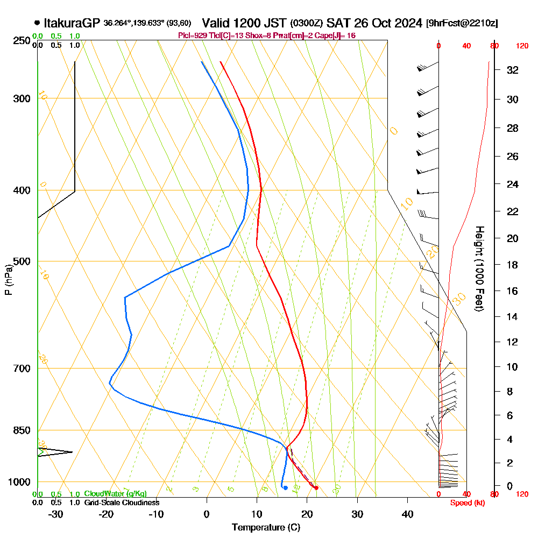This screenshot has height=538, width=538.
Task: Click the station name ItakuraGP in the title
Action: (x=72, y=23)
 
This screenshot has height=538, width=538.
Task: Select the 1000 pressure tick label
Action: (x=20, y=482)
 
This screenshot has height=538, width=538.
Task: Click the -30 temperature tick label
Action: (x=56, y=514)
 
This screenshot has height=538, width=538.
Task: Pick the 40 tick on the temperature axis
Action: (x=408, y=514)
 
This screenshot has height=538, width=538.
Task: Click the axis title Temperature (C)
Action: (x=266, y=528)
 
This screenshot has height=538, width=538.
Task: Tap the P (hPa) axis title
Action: (x=8, y=280)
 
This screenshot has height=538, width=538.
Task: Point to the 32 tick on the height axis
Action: (x=513, y=70)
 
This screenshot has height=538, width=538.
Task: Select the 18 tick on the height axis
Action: (x=513, y=265)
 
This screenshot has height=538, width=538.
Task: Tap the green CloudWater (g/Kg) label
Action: (x=115, y=494)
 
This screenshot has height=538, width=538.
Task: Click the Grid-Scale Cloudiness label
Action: (x=122, y=502)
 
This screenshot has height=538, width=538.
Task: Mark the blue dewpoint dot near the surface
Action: (x=285, y=488)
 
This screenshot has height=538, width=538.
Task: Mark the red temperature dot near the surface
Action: (x=316, y=488)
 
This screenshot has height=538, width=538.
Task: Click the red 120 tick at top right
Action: (x=522, y=46)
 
